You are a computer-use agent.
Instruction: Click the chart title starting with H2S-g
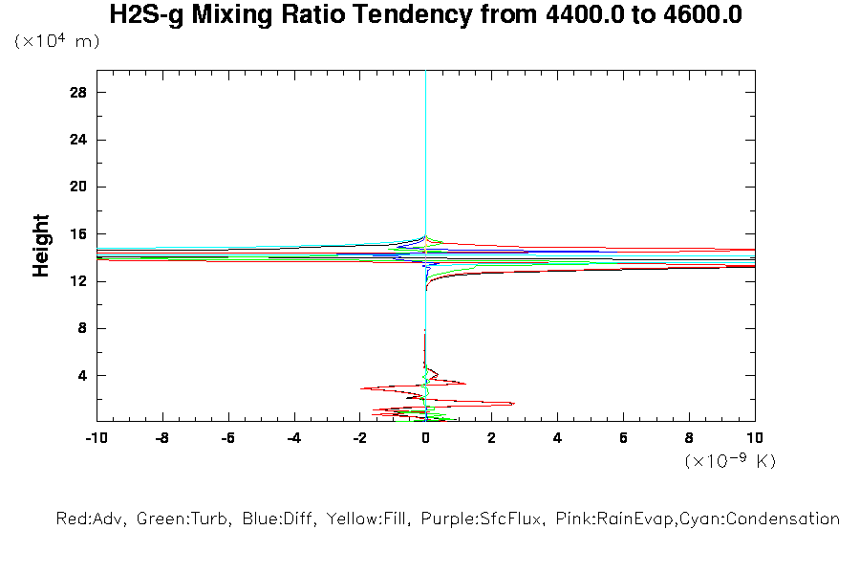pyautogui.click(x=426, y=16)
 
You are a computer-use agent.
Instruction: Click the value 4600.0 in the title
pyautogui.click(x=695, y=16)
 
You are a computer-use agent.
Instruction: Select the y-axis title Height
pyautogui.click(x=41, y=246)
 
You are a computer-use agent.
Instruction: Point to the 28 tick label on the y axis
pyautogui.click(x=79, y=93)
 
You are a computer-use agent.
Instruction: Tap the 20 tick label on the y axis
pyautogui.click(x=79, y=187)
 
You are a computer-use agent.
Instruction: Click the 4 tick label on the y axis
pyautogui.click(x=83, y=375)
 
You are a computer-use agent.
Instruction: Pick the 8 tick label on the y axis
pyautogui.click(x=83, y=328)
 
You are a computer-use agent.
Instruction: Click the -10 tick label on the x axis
pyautogui.click(x=96, y=438)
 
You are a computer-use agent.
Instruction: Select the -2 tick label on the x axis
pyautogui.click(x=359, y=438)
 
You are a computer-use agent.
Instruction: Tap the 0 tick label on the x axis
pyautogui.click(x=426, y=438)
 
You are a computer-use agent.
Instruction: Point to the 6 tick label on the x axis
pyautogui.click(x=623, y=438)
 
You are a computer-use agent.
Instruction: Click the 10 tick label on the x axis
pyautogui.click(x=755, y=438)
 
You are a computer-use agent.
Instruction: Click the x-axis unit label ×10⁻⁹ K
pyautogui.click(x=731, y=461)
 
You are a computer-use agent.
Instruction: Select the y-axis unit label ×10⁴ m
pyautogui.click(x=57, y=42)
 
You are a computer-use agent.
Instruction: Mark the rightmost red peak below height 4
pyautogui.click(x=514, y=404)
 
